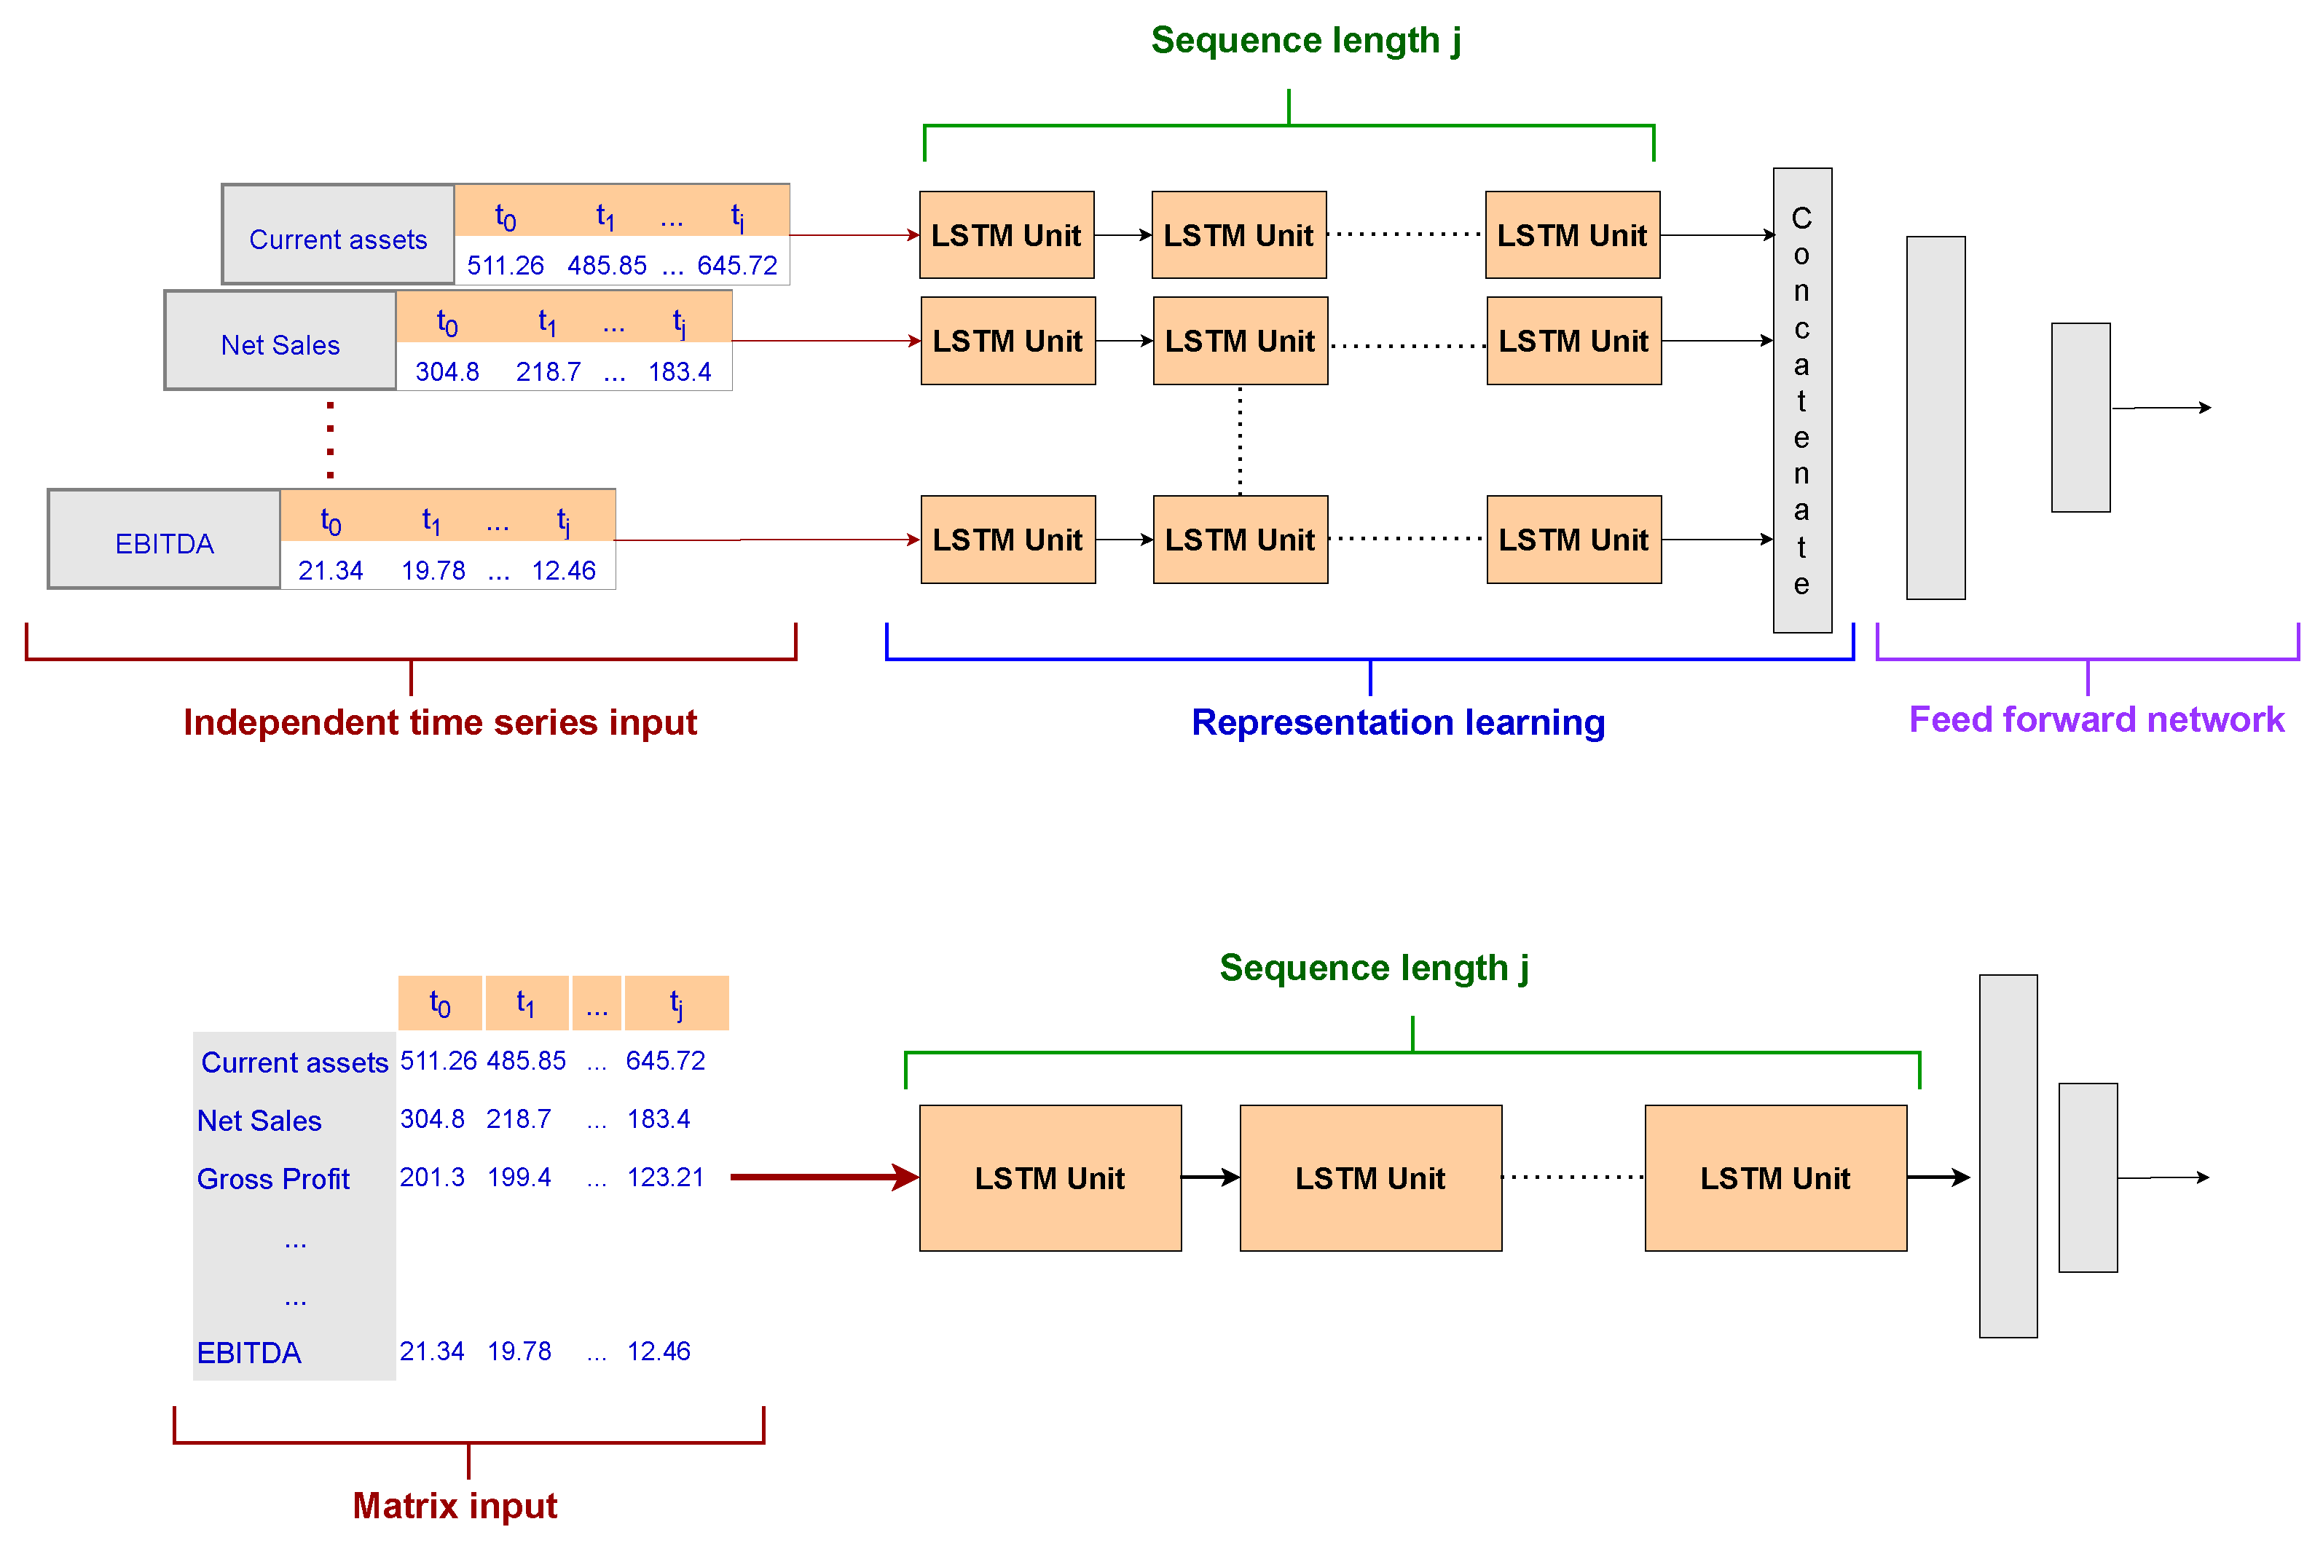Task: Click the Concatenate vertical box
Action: tap(1801, 400)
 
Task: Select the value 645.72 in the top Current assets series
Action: tap(736, 265)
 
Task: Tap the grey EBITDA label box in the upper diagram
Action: tap(165, 540)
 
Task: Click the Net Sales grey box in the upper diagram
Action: tap(280, 342)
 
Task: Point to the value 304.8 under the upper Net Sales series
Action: tap(447, 372)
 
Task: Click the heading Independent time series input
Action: tap(440, 722)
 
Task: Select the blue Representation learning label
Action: tap(1398, 722)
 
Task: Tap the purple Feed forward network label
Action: tap(2096, 719)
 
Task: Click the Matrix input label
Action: tap(455, 1506)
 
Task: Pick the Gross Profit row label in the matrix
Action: tap(274, 1179)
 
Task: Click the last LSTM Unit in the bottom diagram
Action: tap(1774, 1178)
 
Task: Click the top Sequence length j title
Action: tap(1305, 40)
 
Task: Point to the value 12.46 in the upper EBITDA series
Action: tap(563, 571)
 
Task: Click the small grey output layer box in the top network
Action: tap(2080, 417)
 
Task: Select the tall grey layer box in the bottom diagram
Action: tap(2008, 1156)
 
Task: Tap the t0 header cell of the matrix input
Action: tap(440, 1003)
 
